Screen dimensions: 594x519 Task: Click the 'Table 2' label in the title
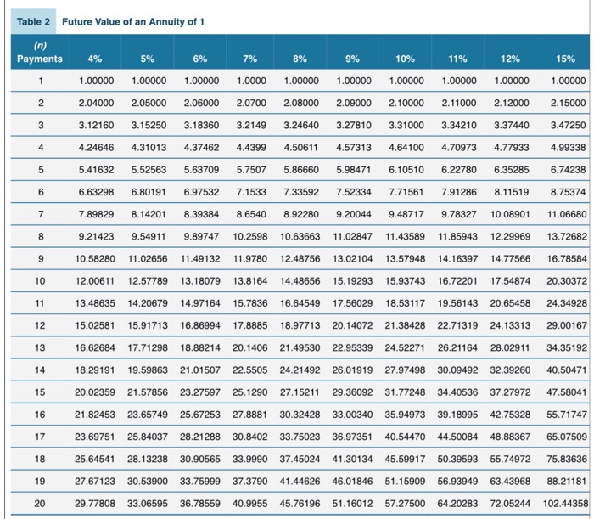(35, 21)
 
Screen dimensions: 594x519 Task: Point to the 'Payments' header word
(39, 59)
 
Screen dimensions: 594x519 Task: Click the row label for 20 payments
(39, 503)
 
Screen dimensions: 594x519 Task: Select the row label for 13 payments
(39, 370)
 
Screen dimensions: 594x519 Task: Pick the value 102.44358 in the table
(564, 503)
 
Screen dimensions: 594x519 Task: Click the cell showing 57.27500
(406, 503)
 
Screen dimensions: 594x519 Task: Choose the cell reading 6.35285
(513, 168)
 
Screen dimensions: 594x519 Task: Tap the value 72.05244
(512, 503)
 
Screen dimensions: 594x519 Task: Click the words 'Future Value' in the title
(91, 21)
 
